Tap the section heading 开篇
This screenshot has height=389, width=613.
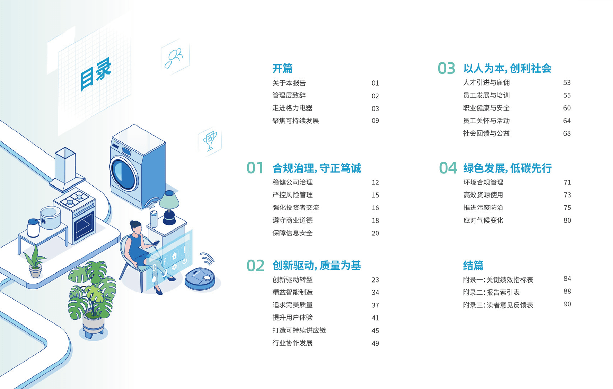click(282, 68)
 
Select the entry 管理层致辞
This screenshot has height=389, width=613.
click(289, 95)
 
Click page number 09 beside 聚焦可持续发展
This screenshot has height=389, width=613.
click(375, 121)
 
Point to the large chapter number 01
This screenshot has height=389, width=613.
click(255, 168)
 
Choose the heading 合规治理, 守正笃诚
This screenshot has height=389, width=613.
click(317, 168)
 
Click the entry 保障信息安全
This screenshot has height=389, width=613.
click(292, 233)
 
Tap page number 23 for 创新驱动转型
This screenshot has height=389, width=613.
click(375, 280)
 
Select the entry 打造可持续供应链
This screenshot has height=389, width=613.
click(299, 330)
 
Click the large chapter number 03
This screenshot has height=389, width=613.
click(447, 68)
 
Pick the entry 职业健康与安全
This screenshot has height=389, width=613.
click(486, 108)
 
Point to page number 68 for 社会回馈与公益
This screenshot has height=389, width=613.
click(567, 133)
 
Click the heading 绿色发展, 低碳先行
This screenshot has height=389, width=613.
click(507, 168)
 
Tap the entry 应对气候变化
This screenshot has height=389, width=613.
click(483, 220)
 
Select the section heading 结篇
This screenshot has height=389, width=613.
click(473, 266)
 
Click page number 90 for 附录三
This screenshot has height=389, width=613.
click(567, 304)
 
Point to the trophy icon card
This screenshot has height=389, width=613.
click(210, 141)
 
